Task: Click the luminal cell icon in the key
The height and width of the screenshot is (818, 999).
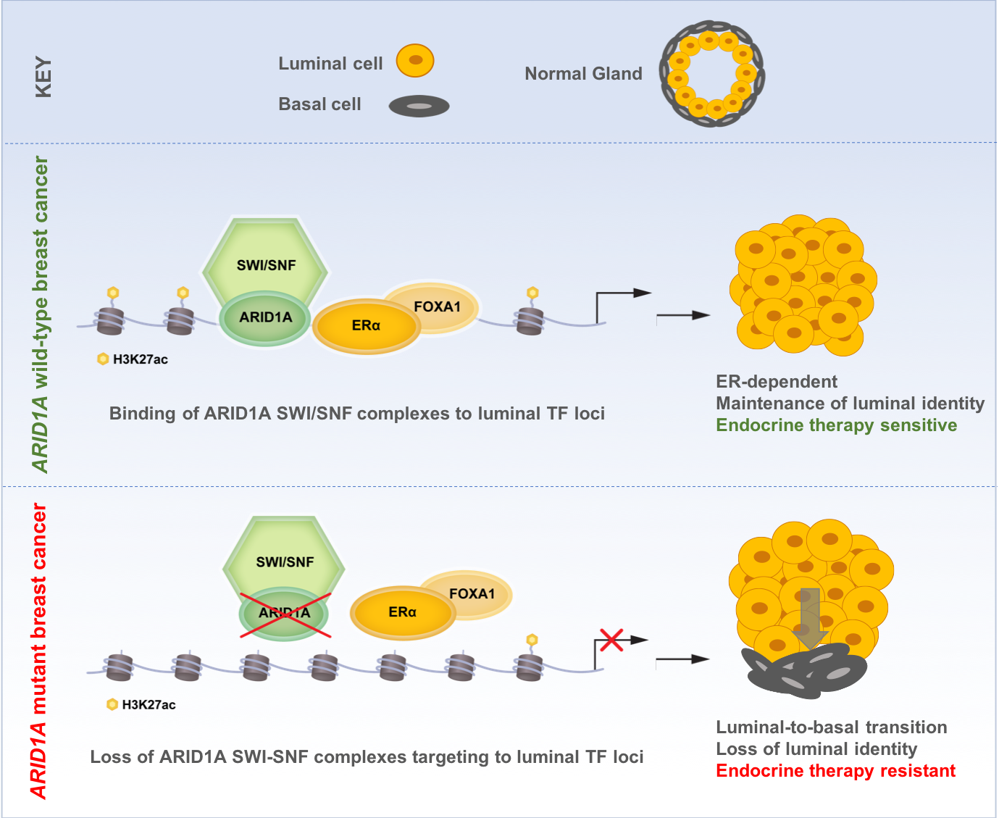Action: click(415, 61)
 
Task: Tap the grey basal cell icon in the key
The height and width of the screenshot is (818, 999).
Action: click(419, 107)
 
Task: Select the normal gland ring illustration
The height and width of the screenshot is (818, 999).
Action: click(711, 73)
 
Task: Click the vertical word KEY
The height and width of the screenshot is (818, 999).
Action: click(43, 77)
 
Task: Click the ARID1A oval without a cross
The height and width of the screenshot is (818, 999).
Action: click(265, 318)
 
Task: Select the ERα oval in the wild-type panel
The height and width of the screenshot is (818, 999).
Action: click(366, 326)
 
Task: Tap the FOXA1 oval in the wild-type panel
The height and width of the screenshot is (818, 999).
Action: click(438, 306)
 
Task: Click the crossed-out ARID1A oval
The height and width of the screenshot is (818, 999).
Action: click(285, 614)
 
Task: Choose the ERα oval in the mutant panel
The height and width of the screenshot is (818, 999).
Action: click(402, 612)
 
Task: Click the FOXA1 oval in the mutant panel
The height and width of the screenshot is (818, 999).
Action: click(472, 593)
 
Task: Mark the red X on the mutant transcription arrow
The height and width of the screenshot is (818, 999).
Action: click(611, 639)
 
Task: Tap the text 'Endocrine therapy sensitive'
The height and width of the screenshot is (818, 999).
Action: click(836, 425)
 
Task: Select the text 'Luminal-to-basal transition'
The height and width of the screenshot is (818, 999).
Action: click(831, 727)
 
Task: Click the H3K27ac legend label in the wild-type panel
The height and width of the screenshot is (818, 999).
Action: click(140, 359)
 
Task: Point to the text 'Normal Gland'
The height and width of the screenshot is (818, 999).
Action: click(583, 74)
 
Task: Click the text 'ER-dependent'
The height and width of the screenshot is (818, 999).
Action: click(776, 382)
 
